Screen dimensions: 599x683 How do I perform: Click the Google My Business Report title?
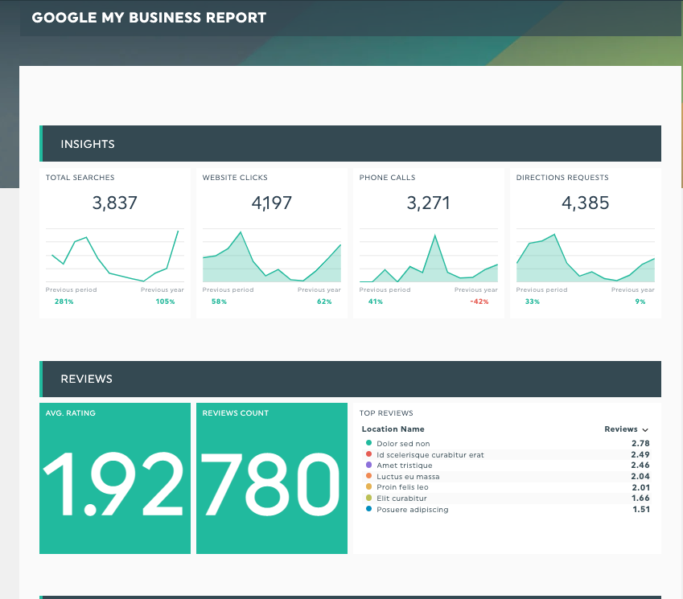click(149, 17)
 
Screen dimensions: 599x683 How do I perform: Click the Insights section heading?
click(88, 144)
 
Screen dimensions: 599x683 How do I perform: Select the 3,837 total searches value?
click(115, 203)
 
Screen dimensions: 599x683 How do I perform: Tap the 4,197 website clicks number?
click(272, 203)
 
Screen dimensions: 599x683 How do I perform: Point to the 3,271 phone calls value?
click(429, 203)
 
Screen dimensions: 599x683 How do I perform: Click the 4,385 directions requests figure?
click(586, 203)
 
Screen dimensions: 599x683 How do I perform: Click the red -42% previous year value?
click(480, 302)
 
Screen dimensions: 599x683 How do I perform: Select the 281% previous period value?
click(64, 302)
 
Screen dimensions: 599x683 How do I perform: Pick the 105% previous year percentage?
click(165, 302)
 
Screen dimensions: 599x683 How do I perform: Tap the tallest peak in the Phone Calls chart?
click(435, 236)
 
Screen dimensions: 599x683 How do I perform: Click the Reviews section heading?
click(86, 379)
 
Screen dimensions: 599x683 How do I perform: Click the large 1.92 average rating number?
click(115, 485)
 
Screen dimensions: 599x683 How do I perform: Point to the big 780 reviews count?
click(272, 485)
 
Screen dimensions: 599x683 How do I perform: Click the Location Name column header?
click(393, 429)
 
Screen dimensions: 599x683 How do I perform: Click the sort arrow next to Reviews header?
click(645, 430)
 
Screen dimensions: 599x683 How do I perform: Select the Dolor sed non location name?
click(403, 444)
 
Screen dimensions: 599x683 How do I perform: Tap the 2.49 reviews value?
click(640, 454)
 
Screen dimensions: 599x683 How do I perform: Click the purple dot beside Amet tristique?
click(368, 465)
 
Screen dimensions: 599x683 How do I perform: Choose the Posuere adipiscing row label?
click(413, 510)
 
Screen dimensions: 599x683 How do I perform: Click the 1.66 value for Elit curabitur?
click(640, 498)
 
